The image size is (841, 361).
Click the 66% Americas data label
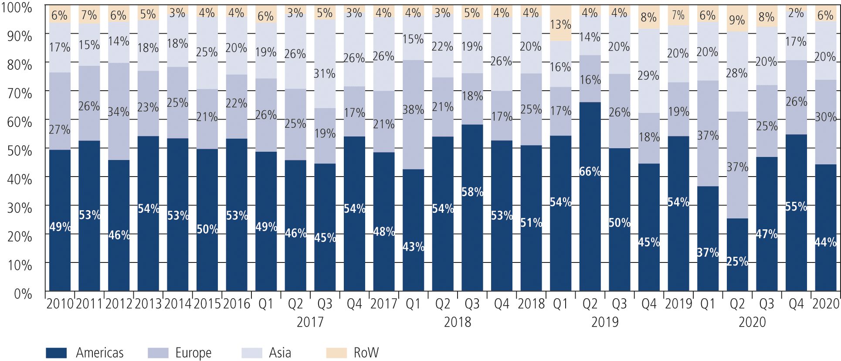[x=590, y=172]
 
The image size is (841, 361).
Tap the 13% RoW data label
[x=560, y=24]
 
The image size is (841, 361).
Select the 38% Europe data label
[x=413, y=110]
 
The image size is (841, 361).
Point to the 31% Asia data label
[x=325, y=74]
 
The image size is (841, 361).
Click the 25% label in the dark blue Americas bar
[x=737, y=262]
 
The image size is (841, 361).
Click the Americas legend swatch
[x=56, y=353]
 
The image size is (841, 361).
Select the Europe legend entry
[x=193, y=353]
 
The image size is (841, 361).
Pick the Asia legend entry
[x=280, y=353]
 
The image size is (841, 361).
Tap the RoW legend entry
[x=366, y=353]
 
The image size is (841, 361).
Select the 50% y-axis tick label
[x=20, y=151]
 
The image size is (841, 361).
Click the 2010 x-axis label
[x=60, y=304]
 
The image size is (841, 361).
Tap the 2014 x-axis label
[x=178, y=304]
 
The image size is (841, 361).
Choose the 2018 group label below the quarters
[x=458, y=322]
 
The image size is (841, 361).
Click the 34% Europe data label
[x=119, y=112]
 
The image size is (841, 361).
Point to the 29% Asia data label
[x=648, y=76]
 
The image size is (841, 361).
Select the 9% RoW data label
[x=737, y=20]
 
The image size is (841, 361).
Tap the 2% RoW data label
[x=796, y=14]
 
